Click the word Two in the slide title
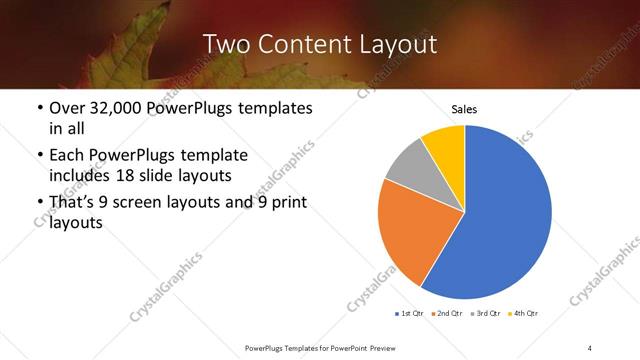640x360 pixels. coord(224,44)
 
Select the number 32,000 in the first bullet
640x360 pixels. coord(111,108)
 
